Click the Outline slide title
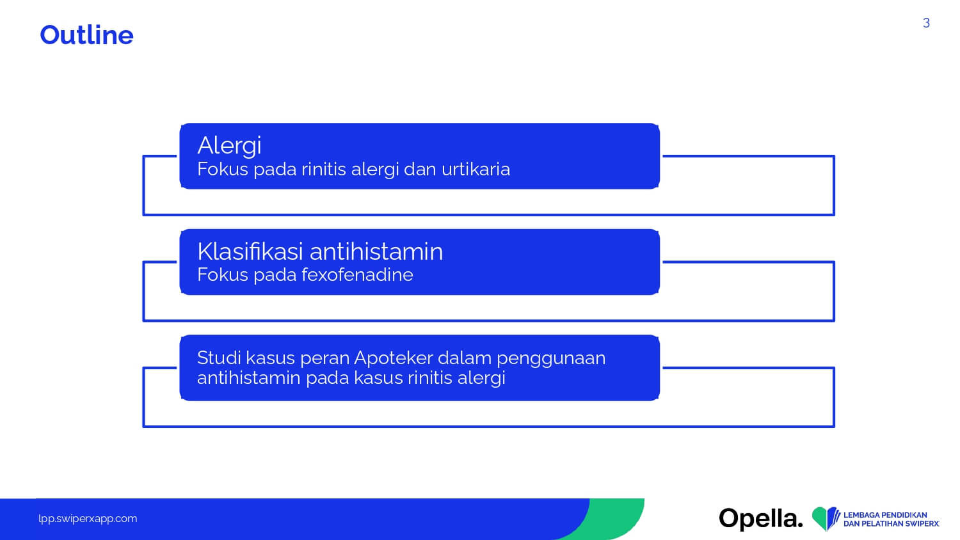click(x=86, y=35)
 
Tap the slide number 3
click(x=926, y=23)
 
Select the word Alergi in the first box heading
click(x=229, y=146)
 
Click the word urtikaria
click(x=476, y=169)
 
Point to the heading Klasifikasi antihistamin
click(x=320, y=251)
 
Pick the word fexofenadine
click(x=357, y=274)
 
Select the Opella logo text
click(x=761, y=518)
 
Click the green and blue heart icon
click(x=826, y=518)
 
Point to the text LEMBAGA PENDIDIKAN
click(x=885, y=514)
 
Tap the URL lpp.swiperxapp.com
click(x=88, y=519)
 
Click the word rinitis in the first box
click(x=324, y=169)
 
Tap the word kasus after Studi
click(x=271, y=358)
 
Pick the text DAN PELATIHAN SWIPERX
click(x=891, y=524)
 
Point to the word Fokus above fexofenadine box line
click(x=223, y=274)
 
